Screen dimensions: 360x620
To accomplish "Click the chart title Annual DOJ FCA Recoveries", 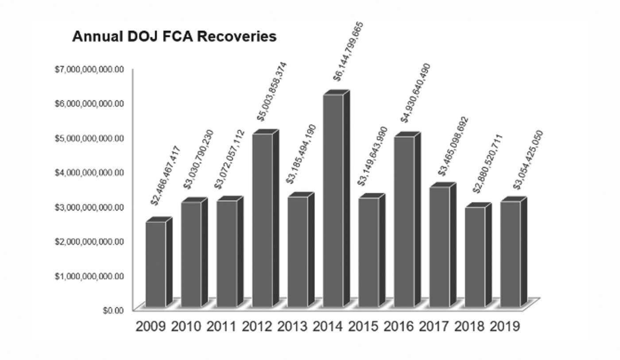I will [x=174, y=36].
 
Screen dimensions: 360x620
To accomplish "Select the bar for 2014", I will [x=333, y=199].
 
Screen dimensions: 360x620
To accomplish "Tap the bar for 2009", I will [x=156, y=263].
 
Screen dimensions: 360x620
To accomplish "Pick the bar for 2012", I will [x=262, y=219].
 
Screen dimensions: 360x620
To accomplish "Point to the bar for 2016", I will [x=404, y=221].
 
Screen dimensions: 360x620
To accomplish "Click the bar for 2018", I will [x=475, y=257].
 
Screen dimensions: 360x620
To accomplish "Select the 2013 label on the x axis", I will [x=292, y=327].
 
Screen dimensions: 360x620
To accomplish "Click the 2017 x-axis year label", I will [x=434, y=327].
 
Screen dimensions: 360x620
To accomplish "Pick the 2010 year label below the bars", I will [x=186, y=327].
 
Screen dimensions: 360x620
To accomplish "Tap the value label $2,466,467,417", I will [x=166, y=175].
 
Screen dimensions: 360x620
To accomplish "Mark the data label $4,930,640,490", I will [x=415, y=93].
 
